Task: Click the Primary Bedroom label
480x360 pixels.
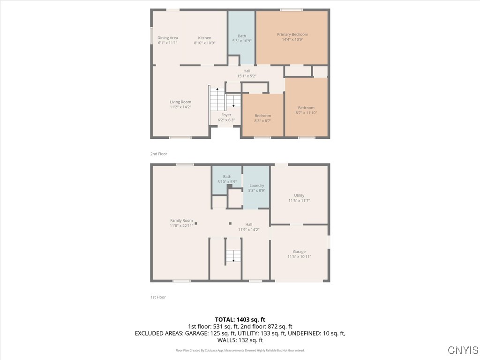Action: coord(292,34)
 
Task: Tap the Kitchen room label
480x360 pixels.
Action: coord(204,38)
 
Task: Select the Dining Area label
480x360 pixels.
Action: coord(167,38)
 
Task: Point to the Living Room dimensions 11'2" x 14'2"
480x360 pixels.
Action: coord(180,107)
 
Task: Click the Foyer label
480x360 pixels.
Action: coord(226,115)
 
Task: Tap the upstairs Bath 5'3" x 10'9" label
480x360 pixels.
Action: coord(242,36)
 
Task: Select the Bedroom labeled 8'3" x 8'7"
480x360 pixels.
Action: coord(262,116)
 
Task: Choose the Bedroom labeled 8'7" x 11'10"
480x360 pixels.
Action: coord(306,108)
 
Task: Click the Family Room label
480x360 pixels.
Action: coord(181,220)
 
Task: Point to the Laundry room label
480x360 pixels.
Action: coord(256,186)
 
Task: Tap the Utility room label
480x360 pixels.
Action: coord(299,195)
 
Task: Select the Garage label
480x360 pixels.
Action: coord(299,252)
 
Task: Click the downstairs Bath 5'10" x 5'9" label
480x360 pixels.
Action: coord(227,177)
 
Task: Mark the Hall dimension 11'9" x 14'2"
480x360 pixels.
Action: coord(248,230)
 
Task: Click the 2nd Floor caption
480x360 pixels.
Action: coord(158,154)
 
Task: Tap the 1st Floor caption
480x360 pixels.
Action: coord(158,297)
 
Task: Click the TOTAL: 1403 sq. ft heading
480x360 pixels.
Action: coord(240,320)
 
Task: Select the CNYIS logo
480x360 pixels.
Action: coord(463,350)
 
